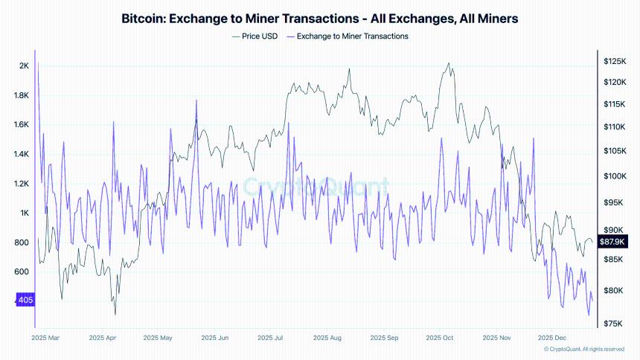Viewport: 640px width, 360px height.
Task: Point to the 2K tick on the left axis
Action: click(x=23, y=66)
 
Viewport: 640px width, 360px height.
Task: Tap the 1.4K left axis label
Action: click(x=22, y=154)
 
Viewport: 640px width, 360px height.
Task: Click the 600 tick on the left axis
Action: click(x=22, y=271)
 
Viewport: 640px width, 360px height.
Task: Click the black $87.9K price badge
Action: click(x=612, y=242)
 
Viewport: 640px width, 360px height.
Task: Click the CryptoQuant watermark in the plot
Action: click(x=316, y=185)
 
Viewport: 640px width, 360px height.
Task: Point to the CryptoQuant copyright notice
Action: click(x=584, y=349)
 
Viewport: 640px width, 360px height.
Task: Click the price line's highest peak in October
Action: click(x=449, y=63)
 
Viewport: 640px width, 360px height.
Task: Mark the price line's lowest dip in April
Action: click(x=115, y=314)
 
